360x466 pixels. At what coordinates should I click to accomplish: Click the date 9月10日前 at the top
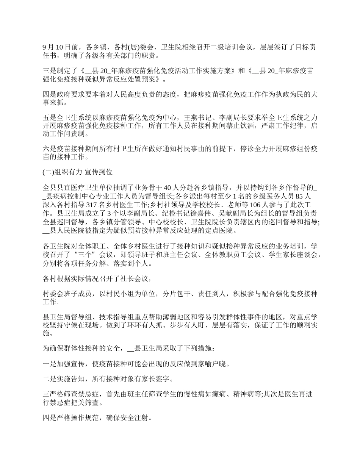point(61,47)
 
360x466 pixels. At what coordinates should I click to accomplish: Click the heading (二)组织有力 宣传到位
point(77,172)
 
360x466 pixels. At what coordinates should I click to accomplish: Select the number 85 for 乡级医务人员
point(298,196)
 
